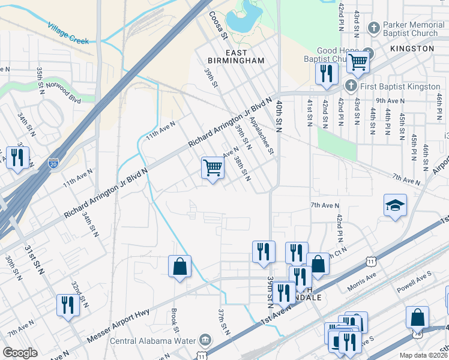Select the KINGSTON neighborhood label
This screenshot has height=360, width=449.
pos(411,48)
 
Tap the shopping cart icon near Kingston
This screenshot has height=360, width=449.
pos(358,61)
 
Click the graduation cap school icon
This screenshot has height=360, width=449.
pos(396,206)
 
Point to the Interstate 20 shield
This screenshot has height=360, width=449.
pos(53,163)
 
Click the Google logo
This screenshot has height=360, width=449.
pos(20,353)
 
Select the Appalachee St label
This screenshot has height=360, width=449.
pos(262,136)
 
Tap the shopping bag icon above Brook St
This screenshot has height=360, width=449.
pos(179,266)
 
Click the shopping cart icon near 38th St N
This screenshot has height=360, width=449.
pos(212,167)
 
